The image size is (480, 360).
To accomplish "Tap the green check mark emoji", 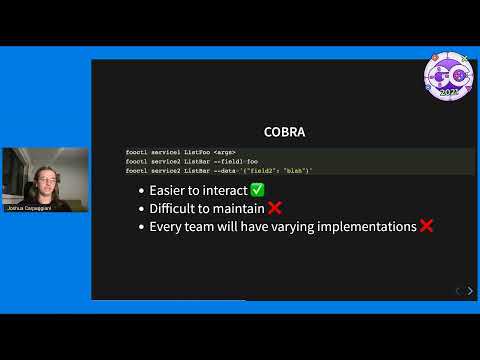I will pos(257,190).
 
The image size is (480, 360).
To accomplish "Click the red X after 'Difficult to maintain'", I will pos(274,208).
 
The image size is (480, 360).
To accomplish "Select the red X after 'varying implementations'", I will pos(426,227).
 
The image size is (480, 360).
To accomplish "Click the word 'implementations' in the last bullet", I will pos(365,227).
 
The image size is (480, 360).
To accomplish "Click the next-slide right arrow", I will pos(470,291).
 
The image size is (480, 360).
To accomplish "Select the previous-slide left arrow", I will pos(457,291).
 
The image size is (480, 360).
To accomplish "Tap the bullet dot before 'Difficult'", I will pos(141,208).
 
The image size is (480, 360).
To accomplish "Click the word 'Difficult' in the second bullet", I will pos(175,208).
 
